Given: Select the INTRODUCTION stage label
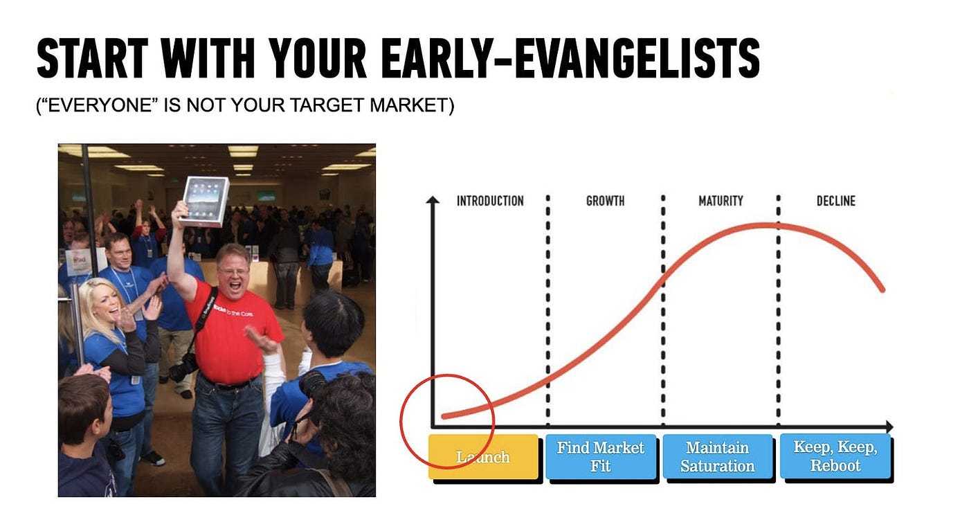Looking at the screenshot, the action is [x=490, y=201].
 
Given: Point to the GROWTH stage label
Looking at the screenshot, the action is [x=605, y=201].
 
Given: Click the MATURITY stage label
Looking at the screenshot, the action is [x=721, y=201].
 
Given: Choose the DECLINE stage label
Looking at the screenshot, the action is [x=836, y=201].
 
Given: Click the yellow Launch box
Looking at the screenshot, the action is [x=484, y=457].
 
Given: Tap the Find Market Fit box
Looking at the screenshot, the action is [x=601, y=457].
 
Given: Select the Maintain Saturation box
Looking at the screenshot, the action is [x=718, y=457].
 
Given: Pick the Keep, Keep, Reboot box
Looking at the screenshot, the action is [x=835, y=457].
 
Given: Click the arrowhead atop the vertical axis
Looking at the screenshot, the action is [x=433, y=199].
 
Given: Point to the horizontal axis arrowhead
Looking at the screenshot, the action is [x=889, y=427].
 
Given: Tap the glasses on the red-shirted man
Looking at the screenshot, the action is [x=234, y=271].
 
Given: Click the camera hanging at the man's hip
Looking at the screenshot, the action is [x=184, y=367].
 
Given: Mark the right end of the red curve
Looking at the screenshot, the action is [x=882, y=290].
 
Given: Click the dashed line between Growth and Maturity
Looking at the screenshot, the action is [x=663, y=310].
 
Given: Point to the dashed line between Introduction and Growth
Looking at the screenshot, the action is [x=548, y=310].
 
